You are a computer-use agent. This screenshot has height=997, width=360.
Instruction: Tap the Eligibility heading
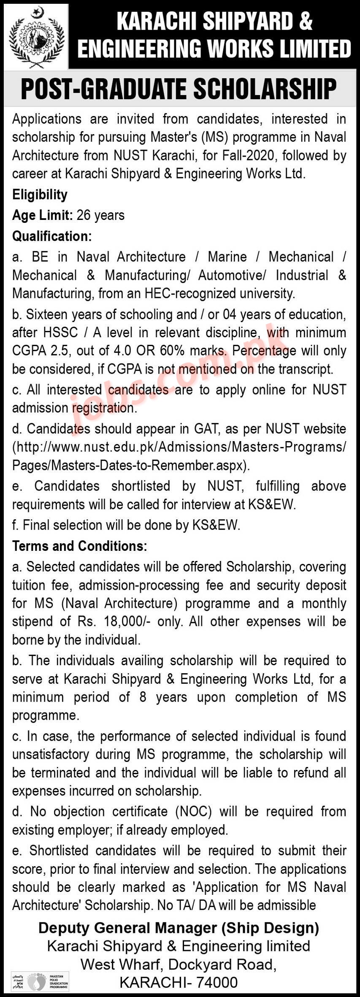(x=40, y=195)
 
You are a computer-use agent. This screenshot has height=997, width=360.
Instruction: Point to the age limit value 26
(x=84, y=215)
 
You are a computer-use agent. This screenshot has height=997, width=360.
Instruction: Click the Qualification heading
(x=51, y=236)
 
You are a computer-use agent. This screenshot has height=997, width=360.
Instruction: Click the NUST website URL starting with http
(x=179, y=447)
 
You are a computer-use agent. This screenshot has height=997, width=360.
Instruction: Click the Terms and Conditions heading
(x=79, y=546)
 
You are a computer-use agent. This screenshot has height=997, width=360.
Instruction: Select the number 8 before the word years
(x=142, y=697)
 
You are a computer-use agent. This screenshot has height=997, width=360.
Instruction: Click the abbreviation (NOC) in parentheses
(x=192, y=812)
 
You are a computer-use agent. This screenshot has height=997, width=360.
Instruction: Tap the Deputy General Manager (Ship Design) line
(x=179, y=928)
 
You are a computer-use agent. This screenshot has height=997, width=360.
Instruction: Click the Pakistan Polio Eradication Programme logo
(x=40, y=982)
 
